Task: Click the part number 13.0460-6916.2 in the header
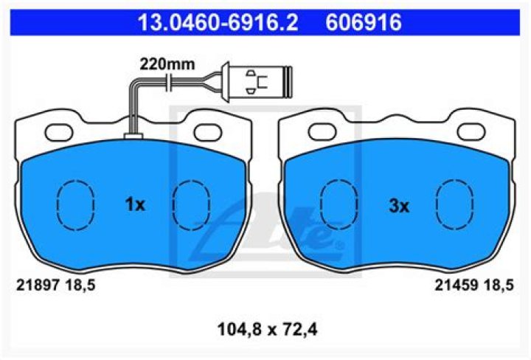click(218, 23)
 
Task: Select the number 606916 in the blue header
click(364, 23)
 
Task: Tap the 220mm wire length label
click(167, 64)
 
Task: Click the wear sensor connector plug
click(257, 83)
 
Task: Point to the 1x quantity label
click(135, 204)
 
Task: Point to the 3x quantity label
click(399, 206)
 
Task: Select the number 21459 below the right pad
click(456, 285)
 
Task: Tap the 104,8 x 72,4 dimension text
click(267, 329)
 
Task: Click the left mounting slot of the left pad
click(59, 132)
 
